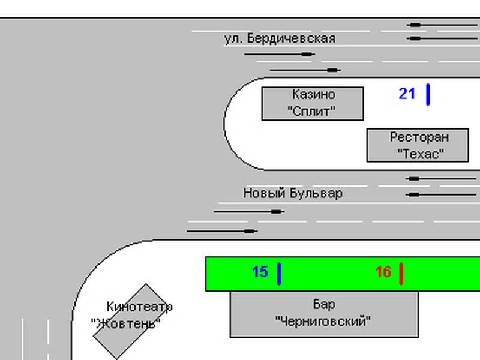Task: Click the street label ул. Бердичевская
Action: (x=280, y=38)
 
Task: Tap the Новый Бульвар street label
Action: (x=293, y=193)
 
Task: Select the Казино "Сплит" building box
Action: (x=313, y=103)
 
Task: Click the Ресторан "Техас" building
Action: (x=418, y=145)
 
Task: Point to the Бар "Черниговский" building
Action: (x=324, y=314)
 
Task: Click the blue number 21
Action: (x=407, y=94)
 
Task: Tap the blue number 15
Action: (x=259, y=272)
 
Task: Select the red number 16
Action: (x=383, y=272)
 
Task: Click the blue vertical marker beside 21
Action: (x=428, y=94)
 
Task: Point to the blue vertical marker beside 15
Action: (x=279, y=274)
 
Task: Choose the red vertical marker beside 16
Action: (x=401, y=274)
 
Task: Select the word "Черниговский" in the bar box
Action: (x=323, y=321)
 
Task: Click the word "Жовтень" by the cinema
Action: (x=126, y=323)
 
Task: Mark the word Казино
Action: (x=314, y=95)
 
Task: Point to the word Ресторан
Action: (x=419, y=137)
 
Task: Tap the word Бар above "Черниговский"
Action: (x=324, y=304)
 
